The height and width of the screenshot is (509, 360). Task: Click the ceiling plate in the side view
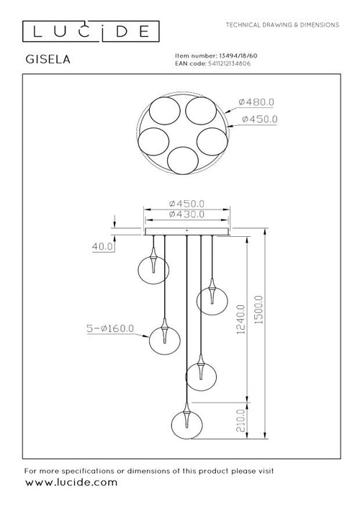click(x=187, y=232)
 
